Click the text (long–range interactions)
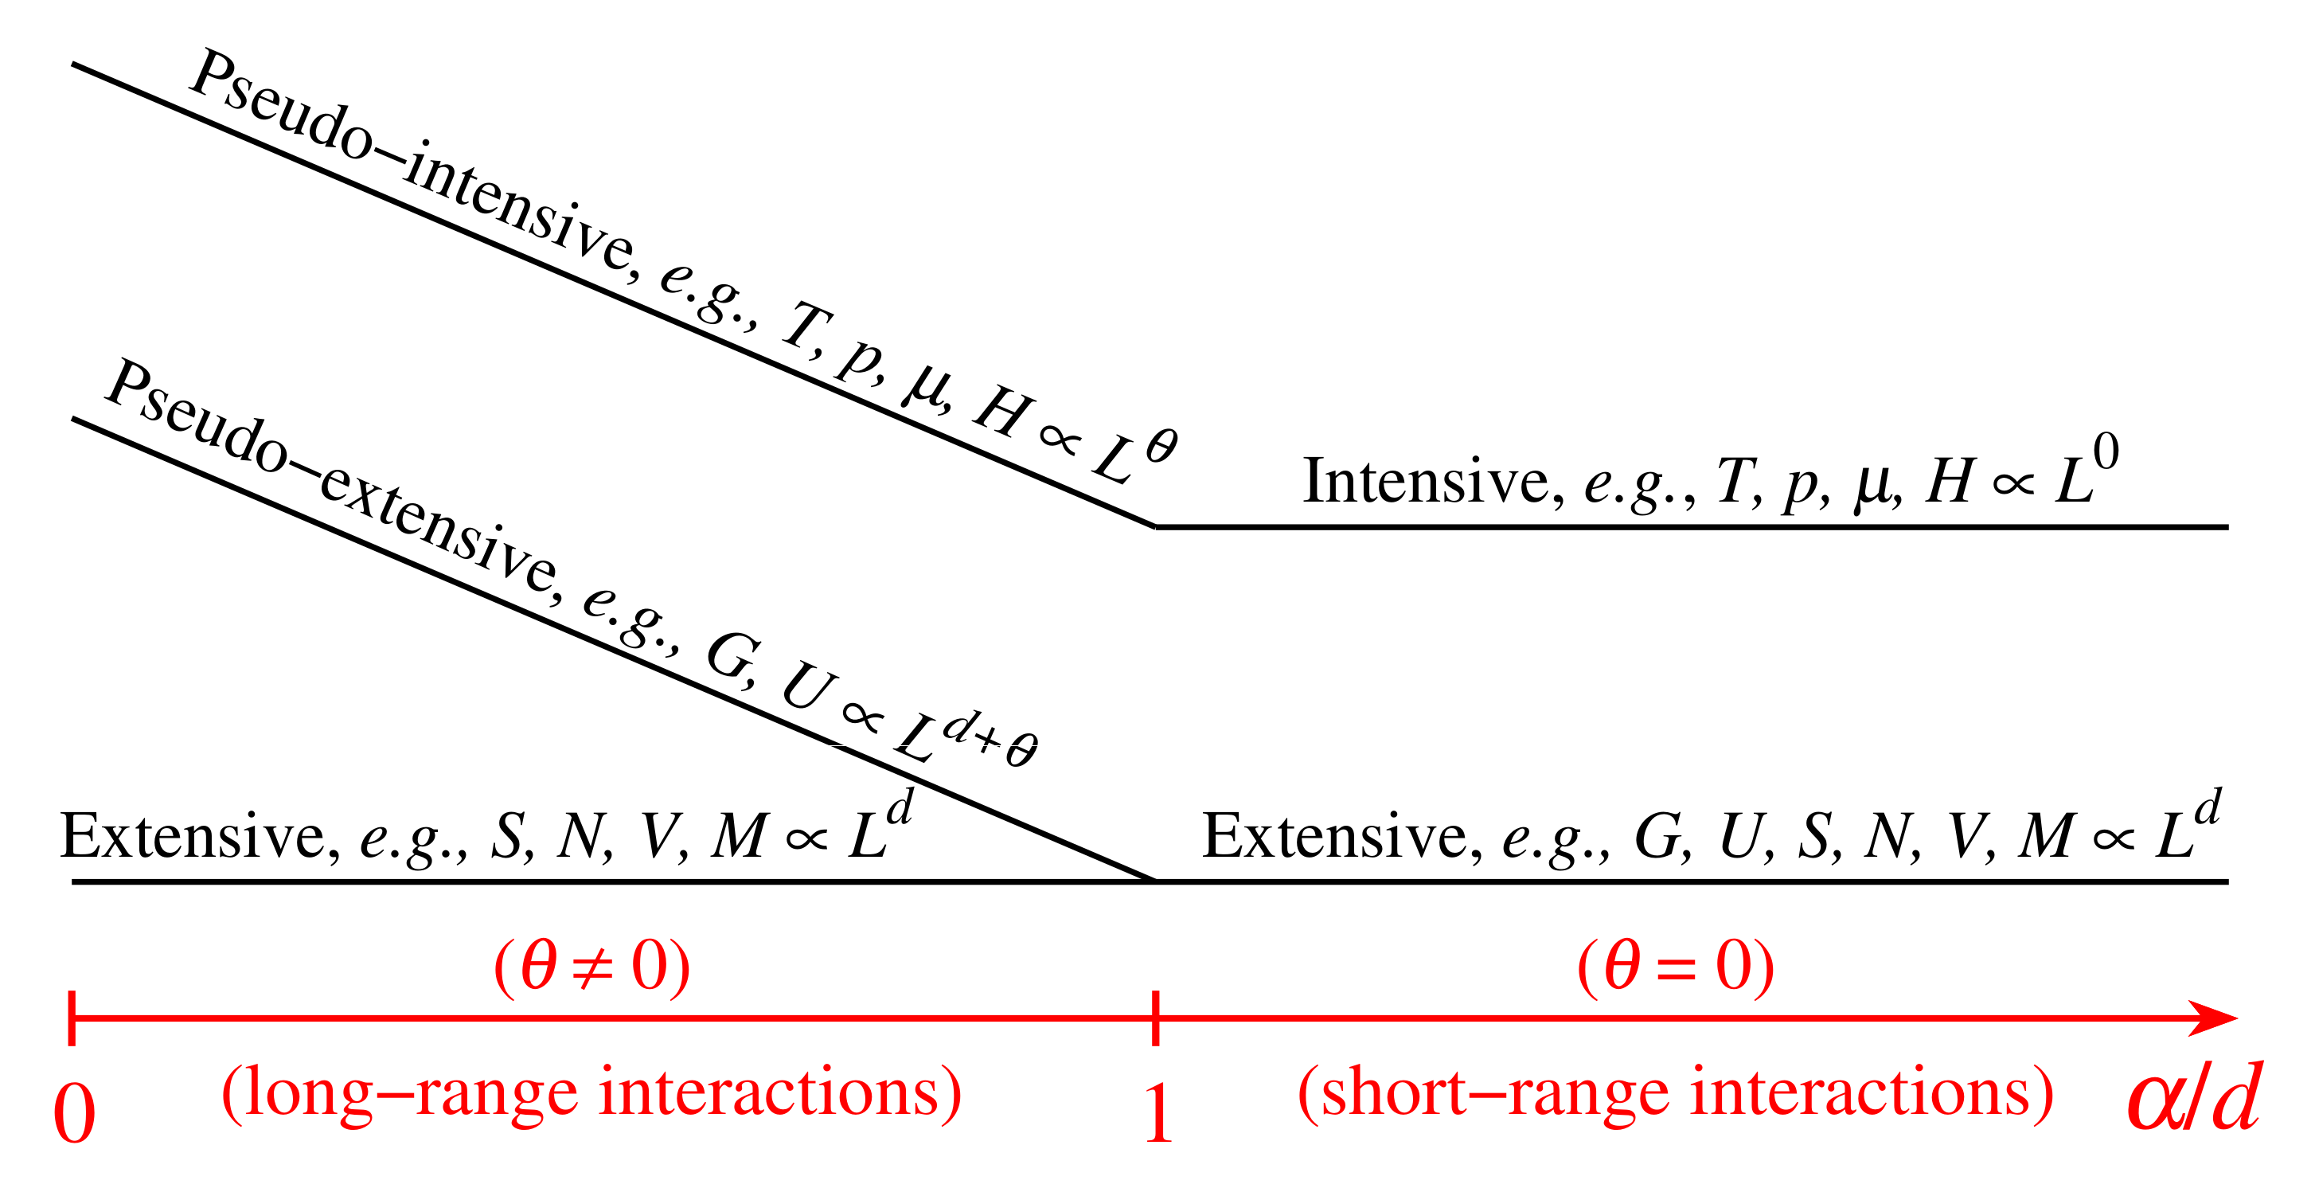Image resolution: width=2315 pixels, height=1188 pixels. click(591, 1092)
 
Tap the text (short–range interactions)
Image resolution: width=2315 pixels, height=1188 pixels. click(1675, 1092)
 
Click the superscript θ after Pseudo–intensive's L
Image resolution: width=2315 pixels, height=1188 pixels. click(1161, 446)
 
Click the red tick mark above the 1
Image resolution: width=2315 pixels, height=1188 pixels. click(1155, 1018)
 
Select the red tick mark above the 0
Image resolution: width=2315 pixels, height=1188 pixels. click(72, 1018)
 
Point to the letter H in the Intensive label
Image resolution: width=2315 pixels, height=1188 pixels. click(1950, 481)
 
